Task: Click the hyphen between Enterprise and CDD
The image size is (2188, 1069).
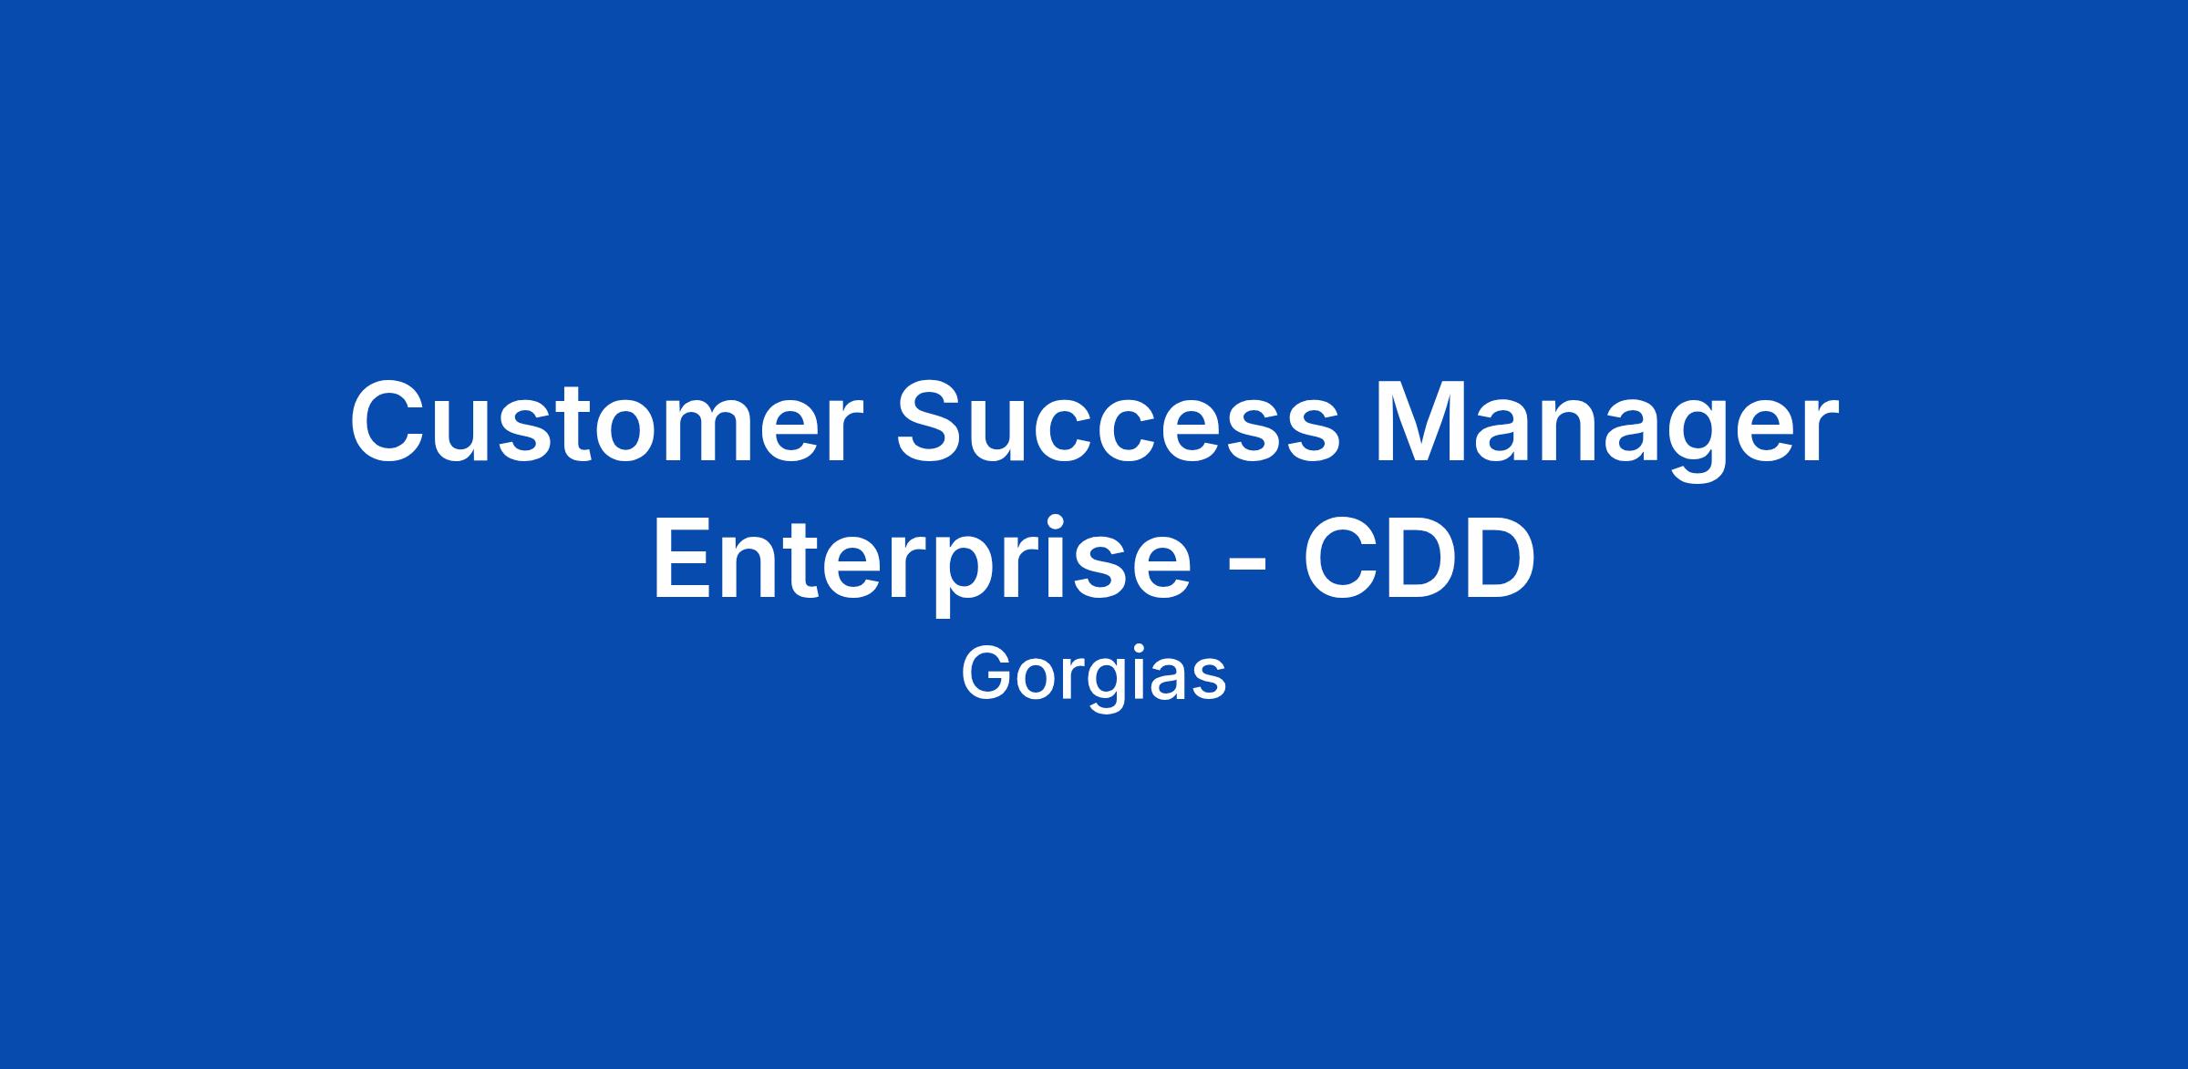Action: coord(1246,570)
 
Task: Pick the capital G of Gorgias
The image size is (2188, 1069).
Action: coord(988,674)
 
